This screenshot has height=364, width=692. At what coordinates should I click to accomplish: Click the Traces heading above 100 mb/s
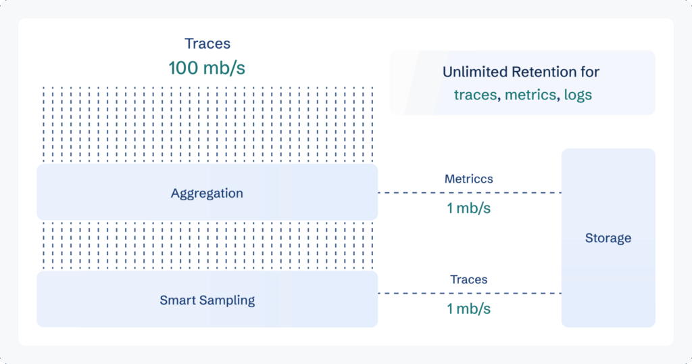pos(207,43)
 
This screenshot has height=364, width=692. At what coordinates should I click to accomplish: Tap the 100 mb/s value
pos(207,68)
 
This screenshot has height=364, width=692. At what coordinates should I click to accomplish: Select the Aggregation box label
pos(207,194)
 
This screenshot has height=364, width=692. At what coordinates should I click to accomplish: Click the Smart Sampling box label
pos(207,300)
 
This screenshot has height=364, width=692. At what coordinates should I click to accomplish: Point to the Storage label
pos(608,238)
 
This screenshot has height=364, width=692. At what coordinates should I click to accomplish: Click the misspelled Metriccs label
pos(469,179)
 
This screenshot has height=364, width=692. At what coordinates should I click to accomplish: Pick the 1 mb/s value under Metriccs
pos(469,208)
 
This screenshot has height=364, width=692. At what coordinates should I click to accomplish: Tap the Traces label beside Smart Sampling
pos(469,279)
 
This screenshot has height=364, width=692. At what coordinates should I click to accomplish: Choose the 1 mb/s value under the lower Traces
pos(469,309)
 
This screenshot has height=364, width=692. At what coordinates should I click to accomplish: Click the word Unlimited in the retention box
pos(470,72)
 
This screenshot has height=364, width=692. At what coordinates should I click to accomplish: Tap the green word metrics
pos(531,95)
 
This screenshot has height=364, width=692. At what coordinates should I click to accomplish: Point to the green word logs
pos(578,95)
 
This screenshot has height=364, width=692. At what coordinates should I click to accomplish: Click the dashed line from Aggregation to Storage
pos(470,193)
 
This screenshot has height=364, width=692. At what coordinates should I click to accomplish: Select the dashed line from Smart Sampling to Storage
pos(470,294)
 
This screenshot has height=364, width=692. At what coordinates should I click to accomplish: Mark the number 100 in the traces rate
pos(183,68)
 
